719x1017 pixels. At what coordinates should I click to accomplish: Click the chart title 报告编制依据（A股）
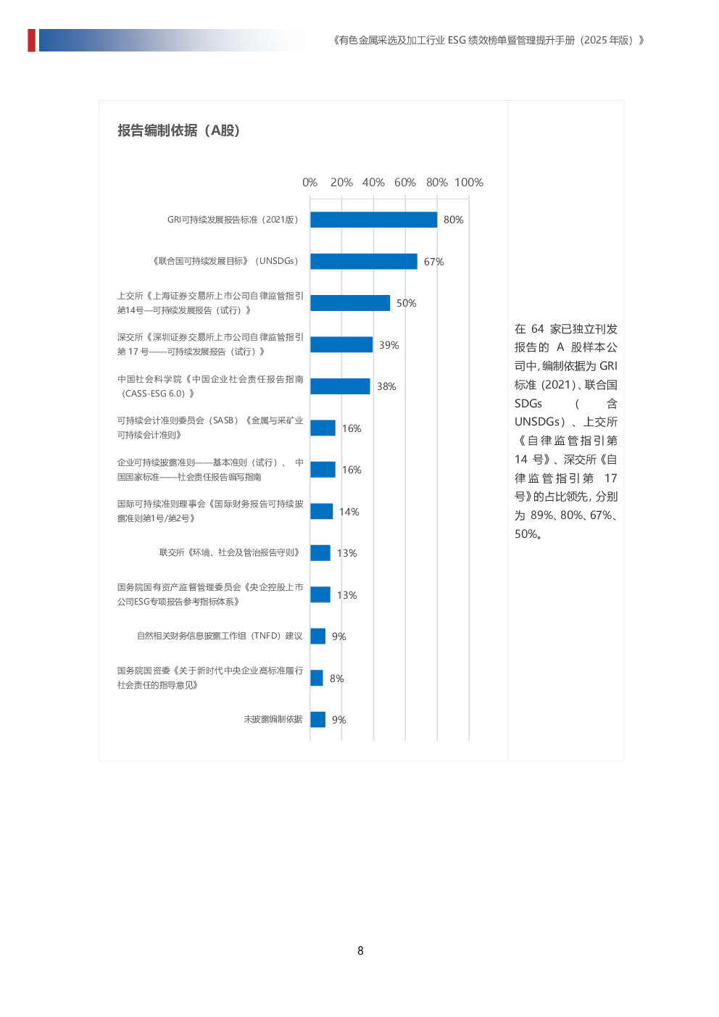pos(178,130)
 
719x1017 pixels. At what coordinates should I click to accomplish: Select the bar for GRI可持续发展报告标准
pos(373,220)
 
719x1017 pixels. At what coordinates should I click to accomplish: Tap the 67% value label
pos(433,262)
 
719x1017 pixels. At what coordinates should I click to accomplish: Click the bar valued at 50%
pos(350,303)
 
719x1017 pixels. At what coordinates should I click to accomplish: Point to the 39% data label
pos(388,345)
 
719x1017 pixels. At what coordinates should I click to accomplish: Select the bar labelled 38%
pos(340,386)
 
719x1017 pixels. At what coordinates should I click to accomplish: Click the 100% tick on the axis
pos(468,183)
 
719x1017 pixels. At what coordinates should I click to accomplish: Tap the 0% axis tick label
pos(309,183)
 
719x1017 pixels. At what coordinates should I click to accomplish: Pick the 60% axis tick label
pos(404,183)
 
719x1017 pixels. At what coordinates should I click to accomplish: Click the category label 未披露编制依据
pos(273,719)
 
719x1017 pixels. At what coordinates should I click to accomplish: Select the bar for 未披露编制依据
pos(317,719)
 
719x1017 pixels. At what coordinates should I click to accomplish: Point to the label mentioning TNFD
pos(220,636)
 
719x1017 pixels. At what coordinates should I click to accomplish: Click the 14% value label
pos(349,512)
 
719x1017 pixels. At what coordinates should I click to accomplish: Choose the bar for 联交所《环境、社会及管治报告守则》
pos(320,552)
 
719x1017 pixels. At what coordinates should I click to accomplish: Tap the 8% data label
pos(336,678)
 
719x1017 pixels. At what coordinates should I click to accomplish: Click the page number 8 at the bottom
pos(360,950)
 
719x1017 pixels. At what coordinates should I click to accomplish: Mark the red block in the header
pos(31,40)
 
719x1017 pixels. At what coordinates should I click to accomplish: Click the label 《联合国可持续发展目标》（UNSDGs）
pos(225,261)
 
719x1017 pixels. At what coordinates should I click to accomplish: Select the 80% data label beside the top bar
pos(453,220)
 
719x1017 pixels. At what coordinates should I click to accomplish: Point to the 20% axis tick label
pos(341,183)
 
